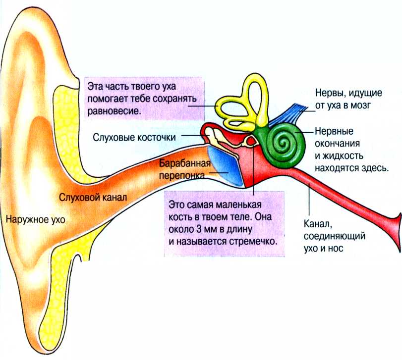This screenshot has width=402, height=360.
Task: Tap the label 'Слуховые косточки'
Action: click(137, 136)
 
